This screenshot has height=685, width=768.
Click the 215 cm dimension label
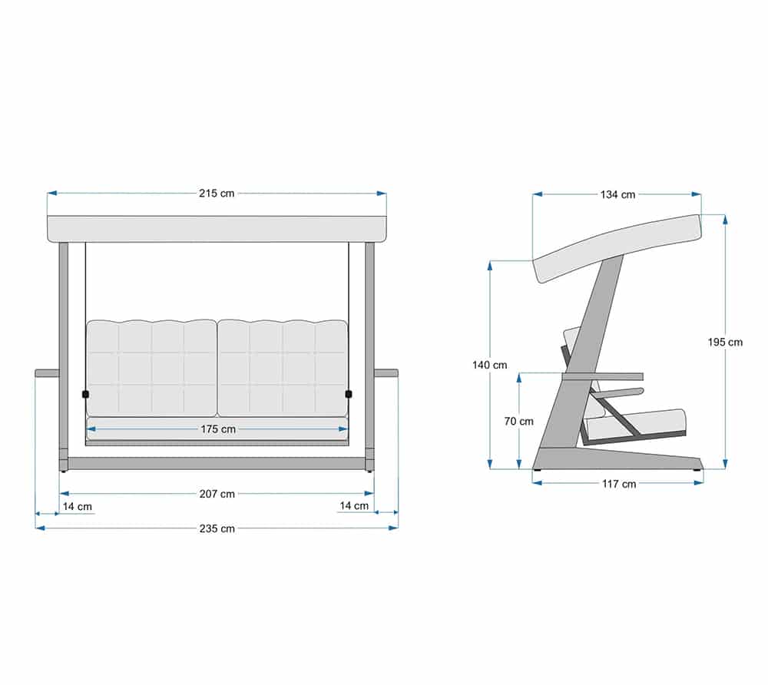pos(217,194)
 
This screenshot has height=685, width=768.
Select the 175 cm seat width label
pos(218,429)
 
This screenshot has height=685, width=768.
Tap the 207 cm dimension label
pos(217,494)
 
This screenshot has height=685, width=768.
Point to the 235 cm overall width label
pos(217,528)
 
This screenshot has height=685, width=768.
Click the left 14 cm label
pos(77,507)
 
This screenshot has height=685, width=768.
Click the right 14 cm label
pos(354,505)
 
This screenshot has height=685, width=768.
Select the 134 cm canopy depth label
pos(617,194)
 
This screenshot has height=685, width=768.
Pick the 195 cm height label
pos(725,342)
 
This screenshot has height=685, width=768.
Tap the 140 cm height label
pos(489,366)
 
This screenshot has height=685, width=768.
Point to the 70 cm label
pos(518,422)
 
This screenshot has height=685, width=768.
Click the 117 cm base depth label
pos(617,484)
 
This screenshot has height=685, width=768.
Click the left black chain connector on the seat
pos(85,395)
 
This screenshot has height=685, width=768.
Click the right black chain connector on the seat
pos(349,395)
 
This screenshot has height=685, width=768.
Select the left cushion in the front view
pos(151,368)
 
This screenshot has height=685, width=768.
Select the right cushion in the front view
pos(283,368)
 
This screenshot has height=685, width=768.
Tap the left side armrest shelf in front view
pos(47,374)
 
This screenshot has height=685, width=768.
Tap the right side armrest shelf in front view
pos(386,374)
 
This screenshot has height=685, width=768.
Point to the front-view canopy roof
pos(217,229)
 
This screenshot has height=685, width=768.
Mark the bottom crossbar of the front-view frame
pos(217,464)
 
